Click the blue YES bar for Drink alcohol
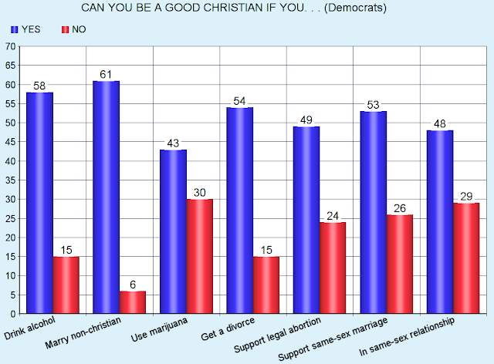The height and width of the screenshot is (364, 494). pos(39,203)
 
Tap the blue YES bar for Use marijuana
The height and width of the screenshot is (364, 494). pos(172,231)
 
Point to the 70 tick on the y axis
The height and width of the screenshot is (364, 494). pos(11,46)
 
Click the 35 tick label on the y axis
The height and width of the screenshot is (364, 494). pos(11,180)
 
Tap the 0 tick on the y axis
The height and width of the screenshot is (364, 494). pos(14,314)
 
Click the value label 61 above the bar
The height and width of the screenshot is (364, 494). pos(106,74)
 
